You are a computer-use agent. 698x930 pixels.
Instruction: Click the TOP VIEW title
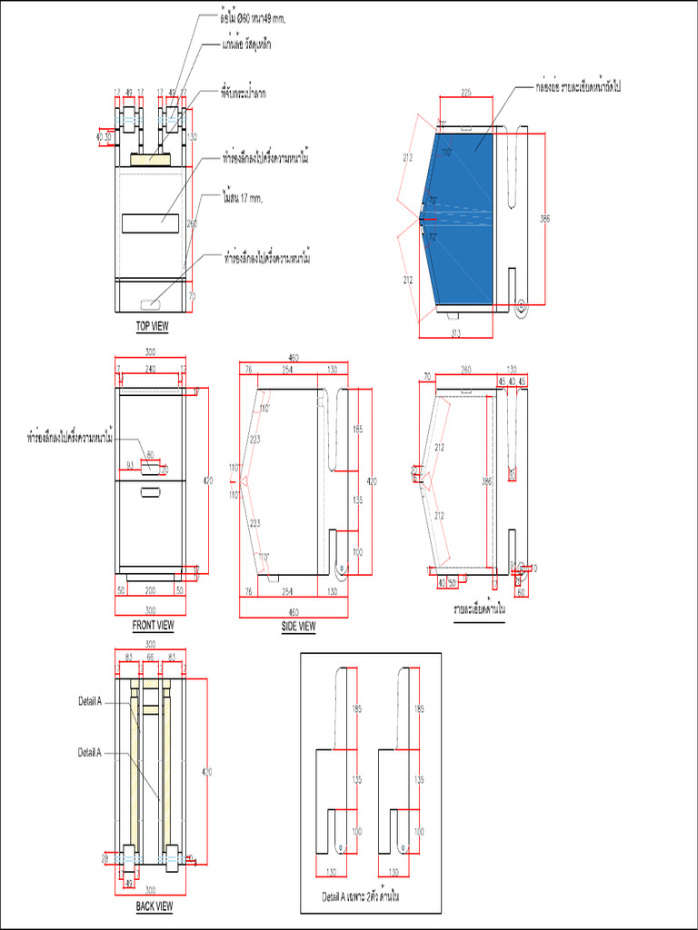point(152,325)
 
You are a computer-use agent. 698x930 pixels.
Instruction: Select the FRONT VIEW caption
point(153,625)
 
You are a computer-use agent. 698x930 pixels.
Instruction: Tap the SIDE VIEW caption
point(298,626)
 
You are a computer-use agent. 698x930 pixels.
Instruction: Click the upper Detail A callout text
point(89,701)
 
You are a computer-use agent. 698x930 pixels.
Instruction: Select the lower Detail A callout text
point(89,752)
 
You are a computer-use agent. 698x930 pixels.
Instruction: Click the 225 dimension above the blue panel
point(465,92)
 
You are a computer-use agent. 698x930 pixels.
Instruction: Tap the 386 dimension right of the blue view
point(545,219)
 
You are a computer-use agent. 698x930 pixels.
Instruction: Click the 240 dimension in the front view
point(150,368)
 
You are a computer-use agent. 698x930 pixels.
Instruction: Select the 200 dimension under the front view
point(150,589)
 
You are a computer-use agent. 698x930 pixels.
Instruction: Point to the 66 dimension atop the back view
point(150,656)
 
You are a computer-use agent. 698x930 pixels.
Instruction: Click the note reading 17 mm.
point(242,197)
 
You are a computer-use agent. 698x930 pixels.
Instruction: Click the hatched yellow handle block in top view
point(150,160)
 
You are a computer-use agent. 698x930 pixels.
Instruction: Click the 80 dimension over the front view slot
point(150,454)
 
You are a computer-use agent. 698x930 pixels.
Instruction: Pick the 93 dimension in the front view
point(131,465)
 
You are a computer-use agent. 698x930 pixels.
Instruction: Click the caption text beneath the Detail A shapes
point(362,895)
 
